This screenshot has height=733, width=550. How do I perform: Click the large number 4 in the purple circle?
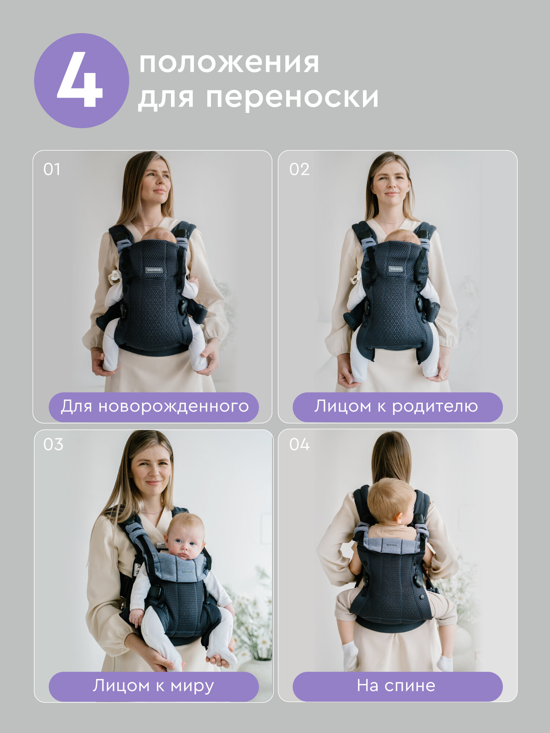(x=80, y=80)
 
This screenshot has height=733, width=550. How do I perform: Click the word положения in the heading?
(x=229, y=63)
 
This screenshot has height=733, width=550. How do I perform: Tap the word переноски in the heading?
(x=292, y=97)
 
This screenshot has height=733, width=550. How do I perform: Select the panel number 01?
(x=52, y=169)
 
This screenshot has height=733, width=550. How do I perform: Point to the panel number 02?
(x=299, y=169)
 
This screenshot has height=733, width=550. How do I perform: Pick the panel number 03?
(x=53, y=444)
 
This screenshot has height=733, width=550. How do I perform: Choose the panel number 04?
(x=299, y=444)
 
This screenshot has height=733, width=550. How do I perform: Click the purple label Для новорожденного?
(x=154, y=406)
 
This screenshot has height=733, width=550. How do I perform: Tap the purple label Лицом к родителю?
(x=397, y=406)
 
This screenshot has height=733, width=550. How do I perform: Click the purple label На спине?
(x=397, y=686)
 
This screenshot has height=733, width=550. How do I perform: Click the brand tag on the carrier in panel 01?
(x=154, y=270)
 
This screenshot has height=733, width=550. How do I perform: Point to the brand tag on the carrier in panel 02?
(x=395, y=269)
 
